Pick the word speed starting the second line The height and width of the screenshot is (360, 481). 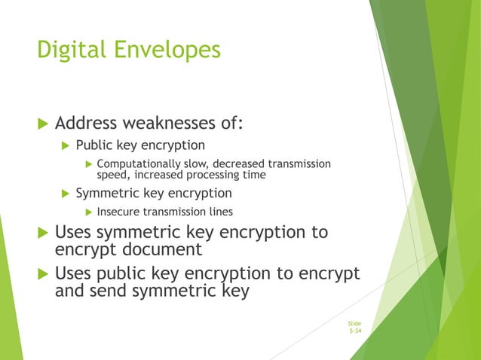click(112, 175)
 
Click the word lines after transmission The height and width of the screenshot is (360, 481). click(218, 212)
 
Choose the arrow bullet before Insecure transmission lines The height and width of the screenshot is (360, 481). click(88, 212)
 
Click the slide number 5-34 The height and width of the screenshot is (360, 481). click(354, 331)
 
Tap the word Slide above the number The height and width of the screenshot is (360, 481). click(354, 323)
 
